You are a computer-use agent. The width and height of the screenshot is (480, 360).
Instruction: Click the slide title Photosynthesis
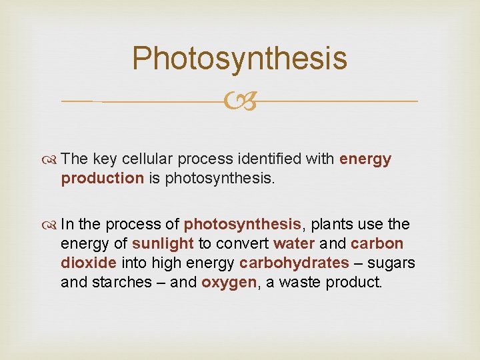point(239,58)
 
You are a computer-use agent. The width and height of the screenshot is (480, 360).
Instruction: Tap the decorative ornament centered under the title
point(240,101)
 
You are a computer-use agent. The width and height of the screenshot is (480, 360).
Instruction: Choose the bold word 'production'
point(102,178)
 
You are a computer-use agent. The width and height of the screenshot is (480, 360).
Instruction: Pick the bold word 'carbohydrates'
point(294,263)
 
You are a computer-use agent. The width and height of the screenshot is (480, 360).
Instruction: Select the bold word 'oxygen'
point(229,281)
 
